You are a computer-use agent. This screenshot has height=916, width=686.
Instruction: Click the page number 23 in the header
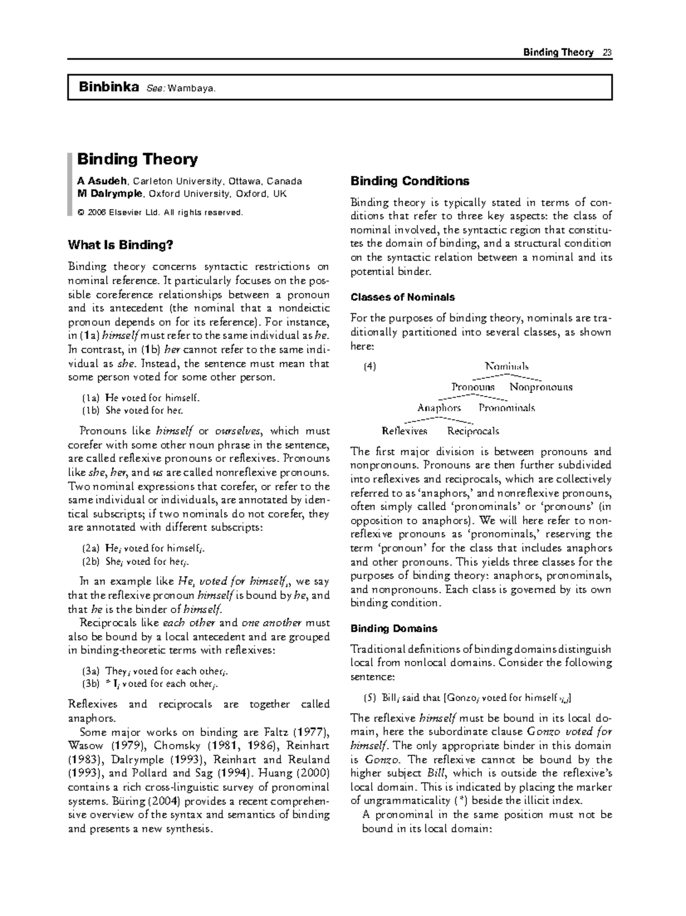[607, 53]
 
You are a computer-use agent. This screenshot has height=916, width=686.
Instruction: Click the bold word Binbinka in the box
[109, 87]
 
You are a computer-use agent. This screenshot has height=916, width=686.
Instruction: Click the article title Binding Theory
[137, 159]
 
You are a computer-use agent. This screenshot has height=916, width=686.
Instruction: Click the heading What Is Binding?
[120, 245]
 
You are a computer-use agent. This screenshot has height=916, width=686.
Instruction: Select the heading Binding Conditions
[409, 181]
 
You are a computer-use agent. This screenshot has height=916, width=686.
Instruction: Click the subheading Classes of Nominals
[402, 297]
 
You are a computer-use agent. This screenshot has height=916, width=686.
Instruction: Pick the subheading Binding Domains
[393, 628]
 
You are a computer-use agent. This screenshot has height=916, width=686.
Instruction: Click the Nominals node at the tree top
[506, 367]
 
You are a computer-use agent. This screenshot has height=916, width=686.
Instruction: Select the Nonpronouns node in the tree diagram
[540, 387]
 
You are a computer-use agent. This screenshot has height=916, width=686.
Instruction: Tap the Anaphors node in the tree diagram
[439, 408]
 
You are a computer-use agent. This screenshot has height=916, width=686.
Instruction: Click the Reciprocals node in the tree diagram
[473, 431]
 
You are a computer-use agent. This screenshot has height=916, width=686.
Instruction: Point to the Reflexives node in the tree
[404, 431]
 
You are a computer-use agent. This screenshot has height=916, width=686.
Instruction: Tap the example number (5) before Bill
[369, 698]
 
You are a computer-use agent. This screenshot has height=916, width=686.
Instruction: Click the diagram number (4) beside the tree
[370, 367]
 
